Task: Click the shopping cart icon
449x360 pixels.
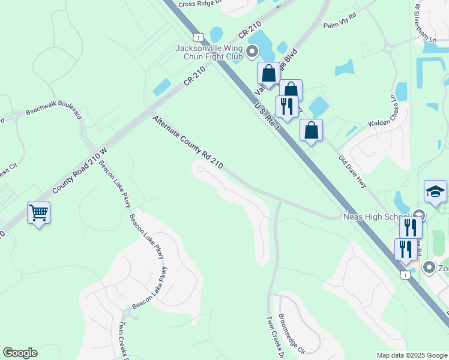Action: click(x=38, y=213)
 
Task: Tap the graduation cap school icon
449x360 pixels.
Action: click(x=435, y=192)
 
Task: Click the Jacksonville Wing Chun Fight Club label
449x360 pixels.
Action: click(x=208, y=52)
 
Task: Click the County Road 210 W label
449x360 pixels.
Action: click(x=79, y=170)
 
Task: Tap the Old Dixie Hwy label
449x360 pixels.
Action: click(x=353, y=172)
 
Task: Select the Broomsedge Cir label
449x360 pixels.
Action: click(x=292, y=333)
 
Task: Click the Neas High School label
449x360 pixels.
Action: click(x=376, y=217)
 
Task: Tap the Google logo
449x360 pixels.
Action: click(x=20, y=353)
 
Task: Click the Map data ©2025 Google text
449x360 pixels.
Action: click(x=411, y=355)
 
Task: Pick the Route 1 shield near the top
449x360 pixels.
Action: click(x=199, y=37)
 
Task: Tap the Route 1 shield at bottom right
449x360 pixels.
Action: click(x=406, y=274)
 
